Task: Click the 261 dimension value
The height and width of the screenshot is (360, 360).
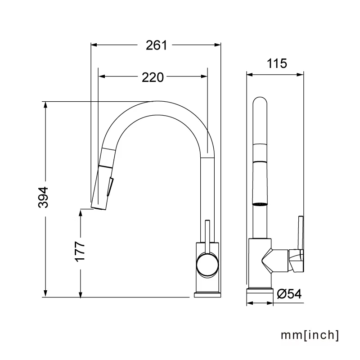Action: tap(156, 45)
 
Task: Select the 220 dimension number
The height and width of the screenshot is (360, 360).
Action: tap(153, 77)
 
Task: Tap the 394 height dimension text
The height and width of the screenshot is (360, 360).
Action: tap(43, 197)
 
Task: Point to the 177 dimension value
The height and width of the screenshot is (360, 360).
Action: tap(80, 251)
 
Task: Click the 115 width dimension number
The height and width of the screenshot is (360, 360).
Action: tap(277, 63)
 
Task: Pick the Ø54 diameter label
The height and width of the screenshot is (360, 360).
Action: tap(289, 294)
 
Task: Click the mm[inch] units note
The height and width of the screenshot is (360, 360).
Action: tap(310, 335)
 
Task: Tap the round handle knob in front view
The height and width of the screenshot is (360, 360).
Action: tap(207, 265)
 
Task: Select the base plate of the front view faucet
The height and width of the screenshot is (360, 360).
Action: tap(207, 295)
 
